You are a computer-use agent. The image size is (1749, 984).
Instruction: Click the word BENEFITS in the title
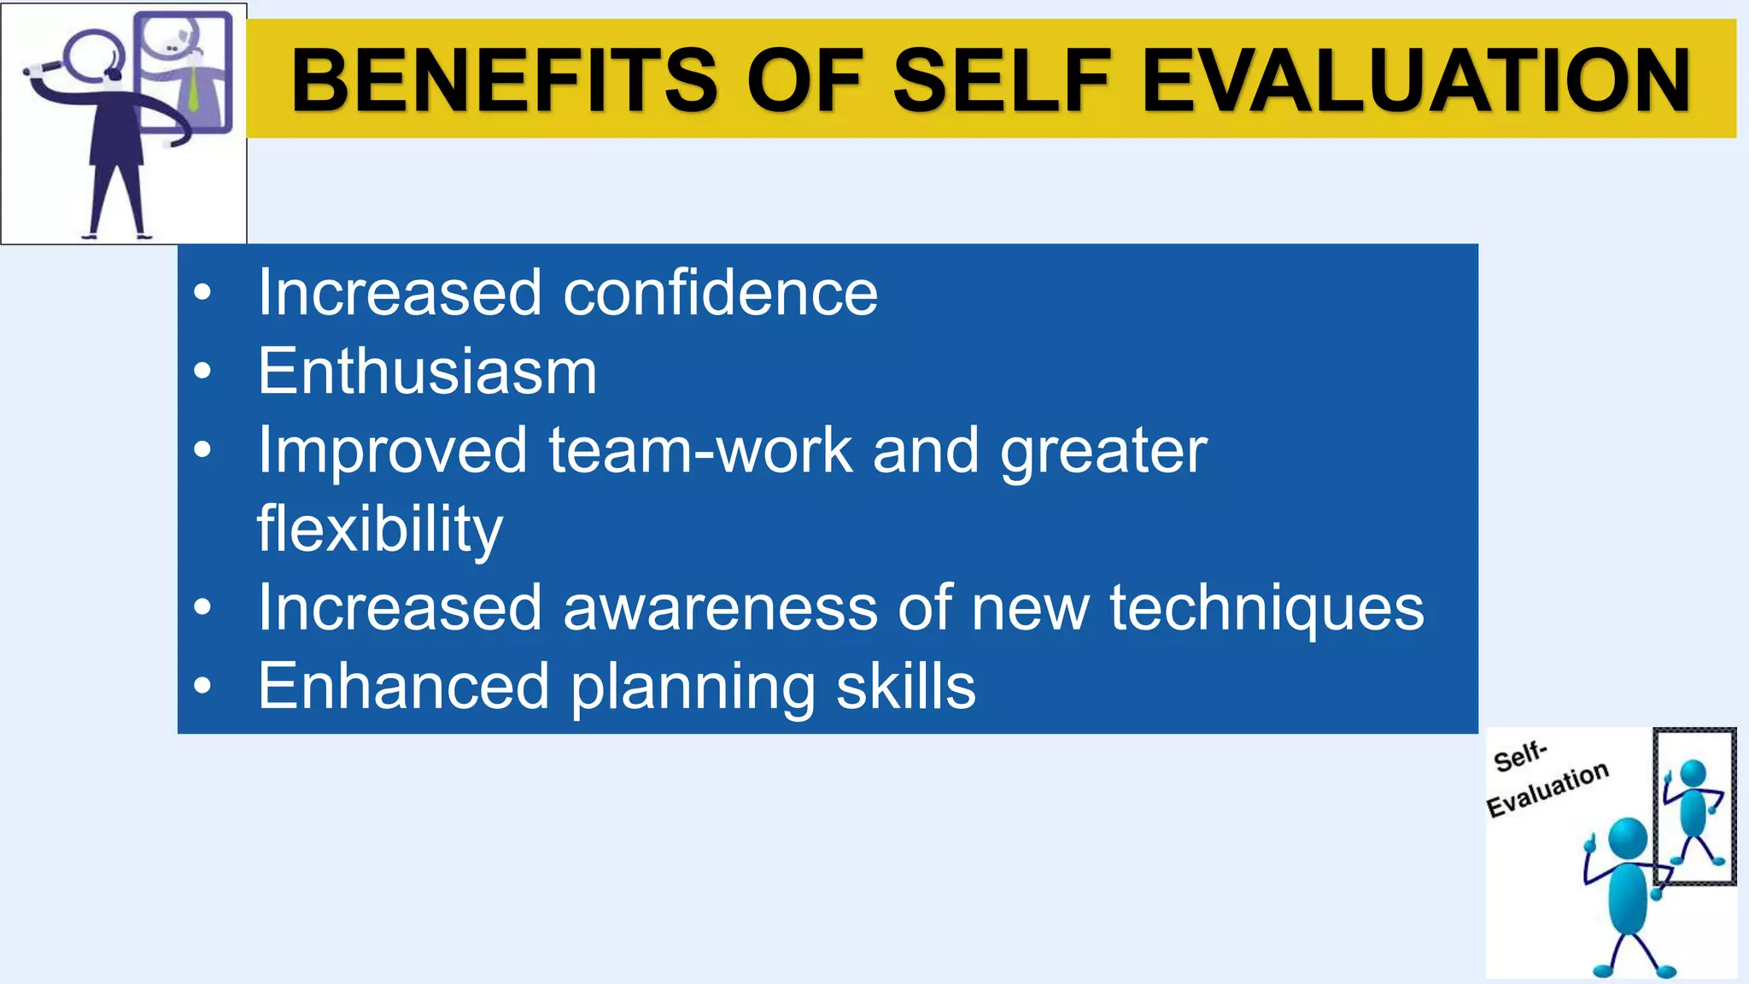tap(504, 80)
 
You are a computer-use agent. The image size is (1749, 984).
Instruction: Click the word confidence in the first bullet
tap(720, 293)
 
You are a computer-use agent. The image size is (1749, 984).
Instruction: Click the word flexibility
tap(380, 529)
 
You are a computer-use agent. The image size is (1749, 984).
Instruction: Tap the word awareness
tap(720, 607)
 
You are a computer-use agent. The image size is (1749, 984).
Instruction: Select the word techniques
tap(1266, 607)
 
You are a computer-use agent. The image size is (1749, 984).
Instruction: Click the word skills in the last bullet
tap(905, 687)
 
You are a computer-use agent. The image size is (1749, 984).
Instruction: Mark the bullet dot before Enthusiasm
tap(202, 372)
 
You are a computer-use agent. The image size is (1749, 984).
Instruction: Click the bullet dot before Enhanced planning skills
tap(202, 686)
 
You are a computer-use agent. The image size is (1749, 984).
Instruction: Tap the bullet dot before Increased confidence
tap(202, 293)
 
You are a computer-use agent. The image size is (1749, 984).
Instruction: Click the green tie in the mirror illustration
tap(194, 85)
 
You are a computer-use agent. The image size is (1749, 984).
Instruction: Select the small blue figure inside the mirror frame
tap(1693, 807)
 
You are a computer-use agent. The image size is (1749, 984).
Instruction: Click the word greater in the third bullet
tap(1103, 450)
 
